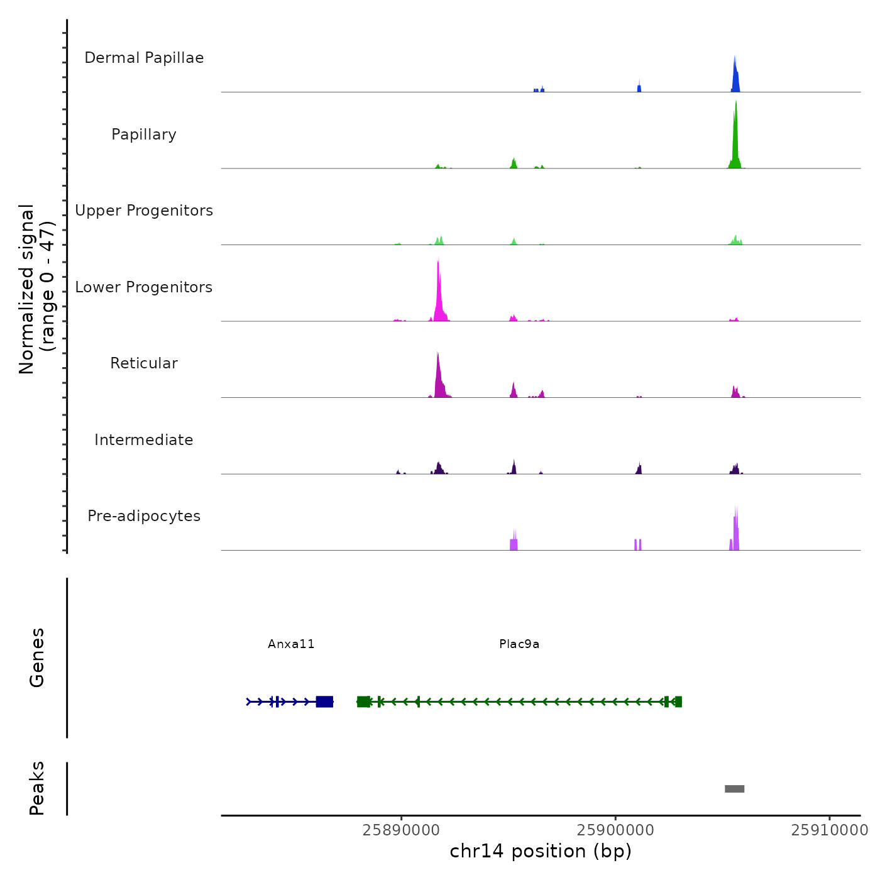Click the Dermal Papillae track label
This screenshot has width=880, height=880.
pos(144,58)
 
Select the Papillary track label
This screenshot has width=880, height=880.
pos(144,135)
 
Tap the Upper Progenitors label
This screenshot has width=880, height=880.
pos(144,211)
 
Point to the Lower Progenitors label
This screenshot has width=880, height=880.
pos(144,287)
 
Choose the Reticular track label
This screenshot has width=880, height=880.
pos(144,363)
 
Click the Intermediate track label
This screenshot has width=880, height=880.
pos(144,440)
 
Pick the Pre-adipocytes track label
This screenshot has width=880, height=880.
pos(144,516)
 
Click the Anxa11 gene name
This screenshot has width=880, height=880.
pos(291,644)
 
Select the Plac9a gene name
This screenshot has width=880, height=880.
pos(519,644)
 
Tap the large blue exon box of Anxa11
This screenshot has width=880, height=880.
pos(324,701)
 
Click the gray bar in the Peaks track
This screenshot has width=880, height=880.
pos(734,789)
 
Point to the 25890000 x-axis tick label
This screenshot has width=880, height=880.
pos(401,830)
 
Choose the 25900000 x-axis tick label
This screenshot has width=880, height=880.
pos(615,830)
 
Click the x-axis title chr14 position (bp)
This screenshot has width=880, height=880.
pos(541,852)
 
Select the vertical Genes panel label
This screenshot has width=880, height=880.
pos(37,657)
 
